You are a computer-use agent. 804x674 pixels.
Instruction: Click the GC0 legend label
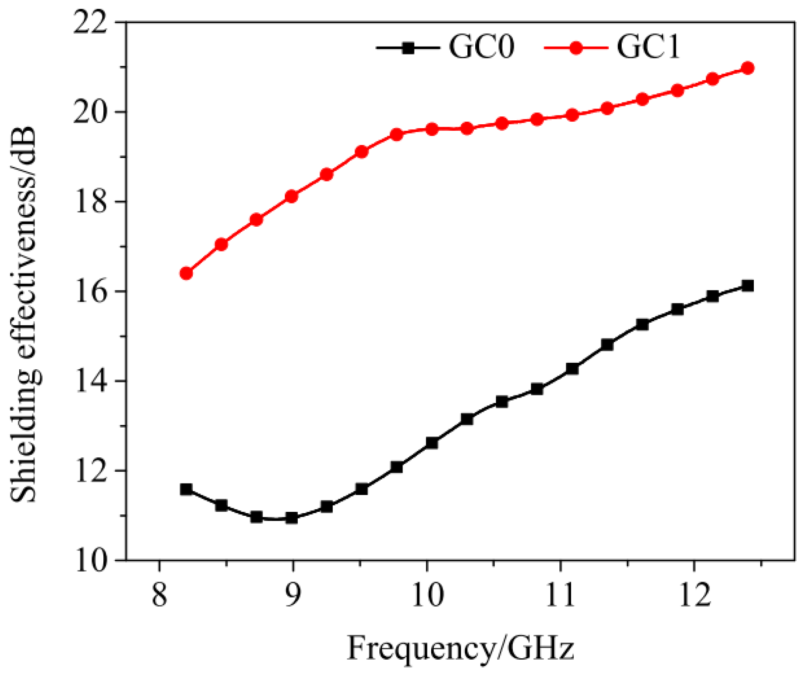point(481,47)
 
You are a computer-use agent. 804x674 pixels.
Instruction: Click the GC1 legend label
point(648,47)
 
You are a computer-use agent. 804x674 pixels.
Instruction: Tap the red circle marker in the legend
point(576,48)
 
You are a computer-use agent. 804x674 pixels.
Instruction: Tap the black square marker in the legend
point(408,48)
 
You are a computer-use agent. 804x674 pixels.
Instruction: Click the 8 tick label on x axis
point(160,595)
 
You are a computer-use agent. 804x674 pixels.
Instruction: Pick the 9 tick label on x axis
point(293,595)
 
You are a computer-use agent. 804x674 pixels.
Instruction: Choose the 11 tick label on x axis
point(560,595)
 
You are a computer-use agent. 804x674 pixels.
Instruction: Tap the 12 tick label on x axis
point(695,595)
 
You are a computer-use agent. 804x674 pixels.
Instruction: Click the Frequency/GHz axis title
point(460,648)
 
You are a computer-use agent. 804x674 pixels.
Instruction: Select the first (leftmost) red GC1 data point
point(186,273)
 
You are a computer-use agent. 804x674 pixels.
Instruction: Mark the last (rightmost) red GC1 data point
point(748,68)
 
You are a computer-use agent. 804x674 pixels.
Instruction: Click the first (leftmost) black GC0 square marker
point(186,489)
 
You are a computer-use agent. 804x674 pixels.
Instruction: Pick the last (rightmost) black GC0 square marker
point(748,286)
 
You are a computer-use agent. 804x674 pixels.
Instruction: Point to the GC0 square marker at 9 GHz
point(292,518)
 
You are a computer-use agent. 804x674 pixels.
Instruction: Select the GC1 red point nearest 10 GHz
point(432,129)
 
